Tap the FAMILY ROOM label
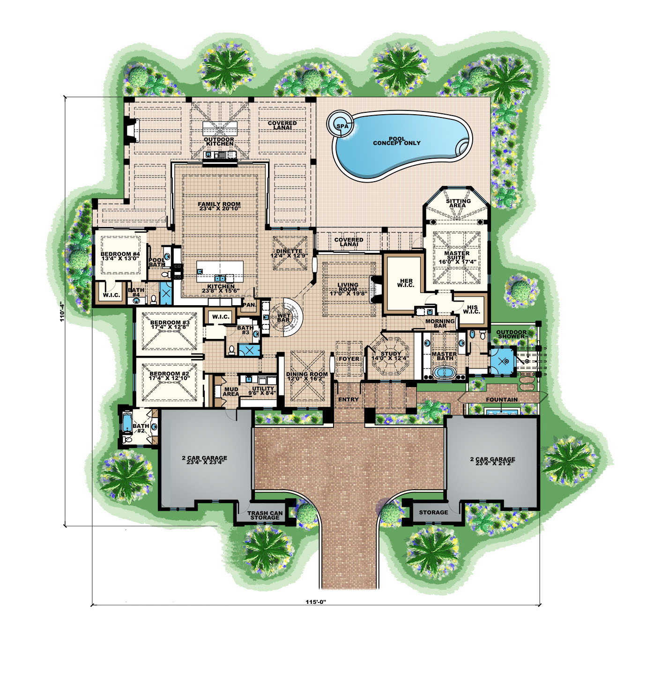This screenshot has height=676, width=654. pos(219,206)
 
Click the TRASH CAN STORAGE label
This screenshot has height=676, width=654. pos(265,515)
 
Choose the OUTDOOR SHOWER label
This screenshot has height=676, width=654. pos(512,334)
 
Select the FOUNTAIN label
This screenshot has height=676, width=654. pos(501,400)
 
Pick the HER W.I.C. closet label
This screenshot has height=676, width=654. pos(406,283)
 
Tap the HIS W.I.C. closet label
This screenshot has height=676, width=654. pos(471,309)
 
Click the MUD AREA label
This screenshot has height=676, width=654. pos(230,391)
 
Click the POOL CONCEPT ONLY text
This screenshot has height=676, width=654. pos(396,141)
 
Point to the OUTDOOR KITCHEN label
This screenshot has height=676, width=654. pos(219,141)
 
